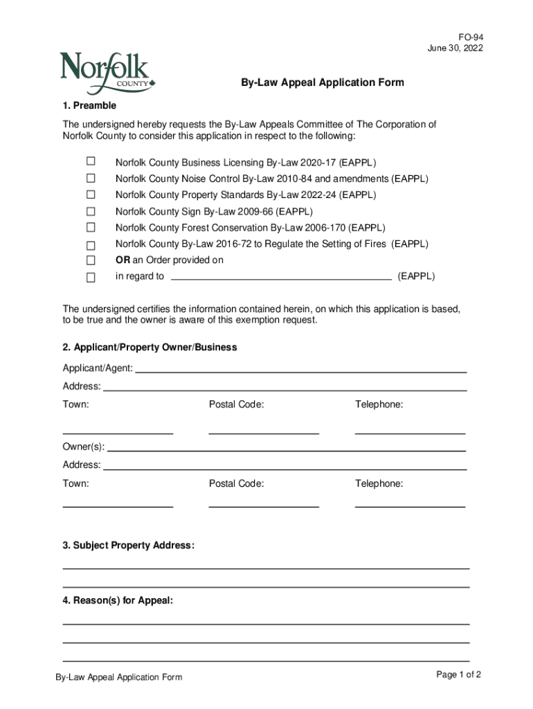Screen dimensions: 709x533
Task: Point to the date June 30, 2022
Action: (455, 48)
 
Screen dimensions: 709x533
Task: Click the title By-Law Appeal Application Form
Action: (322, 83)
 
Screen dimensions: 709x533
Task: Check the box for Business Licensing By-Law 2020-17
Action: (91, 162)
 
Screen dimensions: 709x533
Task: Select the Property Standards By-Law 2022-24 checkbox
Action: (91, 195)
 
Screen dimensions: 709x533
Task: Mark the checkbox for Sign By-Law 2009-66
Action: (91, 211)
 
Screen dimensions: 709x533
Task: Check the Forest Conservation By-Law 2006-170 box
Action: (91, 227)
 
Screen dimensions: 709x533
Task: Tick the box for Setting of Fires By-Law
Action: (91, 244)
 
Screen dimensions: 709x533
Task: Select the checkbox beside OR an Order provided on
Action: (91, 260)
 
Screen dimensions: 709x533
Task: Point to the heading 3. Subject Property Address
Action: (129, 546)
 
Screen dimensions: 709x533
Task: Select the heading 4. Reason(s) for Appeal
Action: (118, 601)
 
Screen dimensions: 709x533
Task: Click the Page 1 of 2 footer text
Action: (458, 675)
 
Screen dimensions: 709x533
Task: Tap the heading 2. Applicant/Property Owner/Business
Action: (150, 347)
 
